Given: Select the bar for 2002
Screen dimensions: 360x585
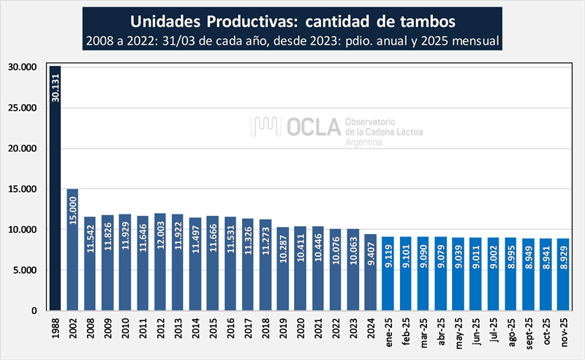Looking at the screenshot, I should (72, 250).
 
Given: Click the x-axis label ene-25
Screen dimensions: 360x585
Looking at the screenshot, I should (388, 329).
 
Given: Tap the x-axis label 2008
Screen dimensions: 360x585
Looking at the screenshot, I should (90, 326).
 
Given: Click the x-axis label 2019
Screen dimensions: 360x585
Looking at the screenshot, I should (283, 326).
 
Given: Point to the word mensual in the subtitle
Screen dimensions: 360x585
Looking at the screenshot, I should (472, 41).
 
